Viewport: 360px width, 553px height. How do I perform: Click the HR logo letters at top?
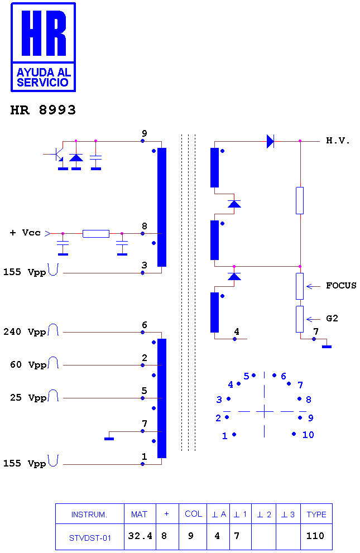pyautogui.click(x=44, y=33)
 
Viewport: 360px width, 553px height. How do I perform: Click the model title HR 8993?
pyautogui.click(x=43, y=110)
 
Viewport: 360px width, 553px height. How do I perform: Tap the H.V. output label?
pyautogui.click(x=338, y=141)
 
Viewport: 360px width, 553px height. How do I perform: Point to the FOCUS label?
pyautogui.click(x=341, y=285)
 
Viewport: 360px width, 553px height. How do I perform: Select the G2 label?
pyautogui.click(x=332, y=319)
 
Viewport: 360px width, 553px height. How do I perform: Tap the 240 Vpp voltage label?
pyautogui.click(x=25, y=332)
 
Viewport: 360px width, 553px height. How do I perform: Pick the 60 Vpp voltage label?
pyautogui.click(x=28, y=365)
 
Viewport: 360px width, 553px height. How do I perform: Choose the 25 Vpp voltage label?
pyautogui.click(x=28, y=398)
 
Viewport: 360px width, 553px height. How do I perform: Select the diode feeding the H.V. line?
pyautogui.click(x=271, y=141)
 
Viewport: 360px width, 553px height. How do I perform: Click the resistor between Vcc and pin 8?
pyautogui.click(x=96, y=233)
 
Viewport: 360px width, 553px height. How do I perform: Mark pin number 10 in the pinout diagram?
pyautogui.click(x=308, y=435)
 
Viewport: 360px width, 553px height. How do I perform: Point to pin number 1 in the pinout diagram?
pyautogui.click(x=224, y=436)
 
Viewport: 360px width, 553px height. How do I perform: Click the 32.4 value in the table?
pyautogui.click(x=140, y=536)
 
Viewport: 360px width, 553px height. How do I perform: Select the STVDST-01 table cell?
pyautogui.click(x=90, y=538)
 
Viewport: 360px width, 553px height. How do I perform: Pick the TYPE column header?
pyautogui.click(x=316, y=514)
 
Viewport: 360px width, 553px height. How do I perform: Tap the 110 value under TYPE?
pyautogui.click(x=315, y=536)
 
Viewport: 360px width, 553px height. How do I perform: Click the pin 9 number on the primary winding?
pyautogui.click(x=145, y=133)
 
